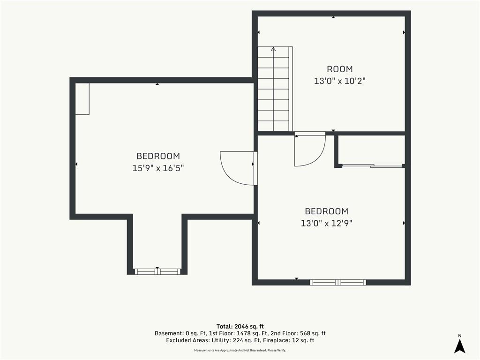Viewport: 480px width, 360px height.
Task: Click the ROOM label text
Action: point(339,69)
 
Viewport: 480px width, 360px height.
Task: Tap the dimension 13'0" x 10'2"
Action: point(340,81)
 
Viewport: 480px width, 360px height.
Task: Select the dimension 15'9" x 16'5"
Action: point(158,168)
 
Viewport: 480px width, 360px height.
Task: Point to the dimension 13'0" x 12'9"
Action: point(326,223)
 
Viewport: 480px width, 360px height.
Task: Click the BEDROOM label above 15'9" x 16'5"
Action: point(158,156)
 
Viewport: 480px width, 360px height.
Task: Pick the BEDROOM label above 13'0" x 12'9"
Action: point(326,211)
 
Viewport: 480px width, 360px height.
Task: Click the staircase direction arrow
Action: point(273,49)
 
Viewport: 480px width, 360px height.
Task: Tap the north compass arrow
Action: point(459,346)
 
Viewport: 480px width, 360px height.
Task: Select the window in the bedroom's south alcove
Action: point(157,271)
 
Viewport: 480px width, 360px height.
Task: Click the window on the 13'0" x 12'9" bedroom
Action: point(338,282)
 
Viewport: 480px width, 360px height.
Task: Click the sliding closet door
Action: point(372,166)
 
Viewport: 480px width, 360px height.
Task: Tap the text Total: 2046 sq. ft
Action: point(240,327)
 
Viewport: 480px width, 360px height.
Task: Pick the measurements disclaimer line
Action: point(240,350)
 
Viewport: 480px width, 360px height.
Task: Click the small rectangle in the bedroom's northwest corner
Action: point(82,99)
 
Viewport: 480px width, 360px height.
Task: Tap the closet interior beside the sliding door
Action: point(372,150)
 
